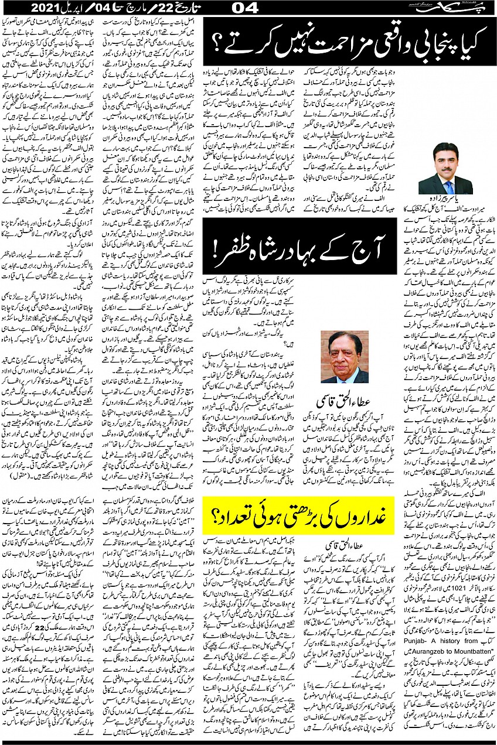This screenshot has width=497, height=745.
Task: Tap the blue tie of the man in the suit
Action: tap(449, 187)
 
